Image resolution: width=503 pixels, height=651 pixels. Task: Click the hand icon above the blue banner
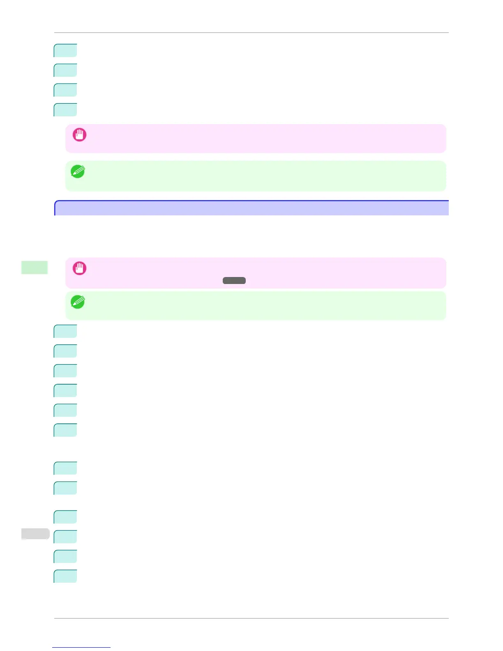(x=79, y=135)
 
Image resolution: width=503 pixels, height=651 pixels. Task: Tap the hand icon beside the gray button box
(x=79, y=268)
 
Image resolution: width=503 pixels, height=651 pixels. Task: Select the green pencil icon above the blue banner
(x=78, y=171)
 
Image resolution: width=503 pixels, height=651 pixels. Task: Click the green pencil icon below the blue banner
(x=78, y=302)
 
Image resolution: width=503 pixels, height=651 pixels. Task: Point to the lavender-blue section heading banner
(x=251, y=208)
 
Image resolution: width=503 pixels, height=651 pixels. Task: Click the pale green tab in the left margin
(x=35, y=267)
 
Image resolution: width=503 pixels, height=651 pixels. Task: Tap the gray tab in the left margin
(x=35, y=533)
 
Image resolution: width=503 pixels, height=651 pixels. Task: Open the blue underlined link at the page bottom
(x=81, y=647)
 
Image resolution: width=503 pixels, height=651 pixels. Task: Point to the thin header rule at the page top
(x=251, y=32)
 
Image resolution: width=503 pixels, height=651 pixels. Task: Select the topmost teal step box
(x=65, y=50)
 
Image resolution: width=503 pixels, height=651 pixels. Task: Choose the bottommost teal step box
(x=65, y=576)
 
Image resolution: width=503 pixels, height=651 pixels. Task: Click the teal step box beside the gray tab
(x=65, y=537)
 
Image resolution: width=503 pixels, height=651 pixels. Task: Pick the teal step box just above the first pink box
(x=65, y=110)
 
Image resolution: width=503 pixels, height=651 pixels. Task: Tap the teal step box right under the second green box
(x=65, y=331)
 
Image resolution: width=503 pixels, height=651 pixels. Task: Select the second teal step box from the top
(x=65, y=70)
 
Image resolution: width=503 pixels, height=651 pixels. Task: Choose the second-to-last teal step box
(x=65, y=556)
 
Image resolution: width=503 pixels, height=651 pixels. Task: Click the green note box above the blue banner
(x=256, y=176)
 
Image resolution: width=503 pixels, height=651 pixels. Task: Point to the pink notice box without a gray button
(x=256, y=139)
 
